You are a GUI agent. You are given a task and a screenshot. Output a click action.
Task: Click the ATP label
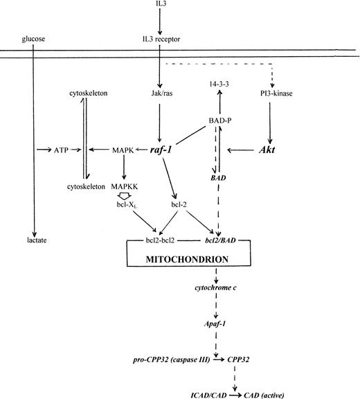coord(61,149)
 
